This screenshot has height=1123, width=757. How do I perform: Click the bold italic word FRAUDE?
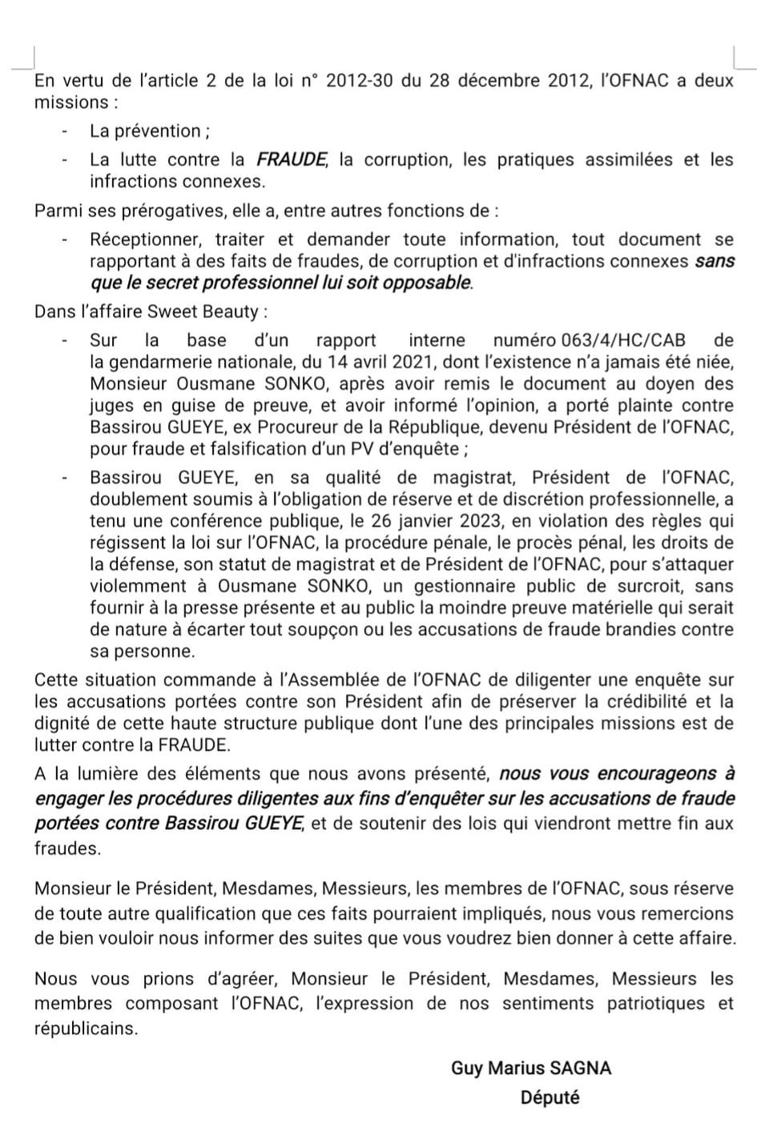pyautogui.click(x=292, y=159)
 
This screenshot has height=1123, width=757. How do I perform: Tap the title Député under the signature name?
pyautogui.click(x=550, y=1097)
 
